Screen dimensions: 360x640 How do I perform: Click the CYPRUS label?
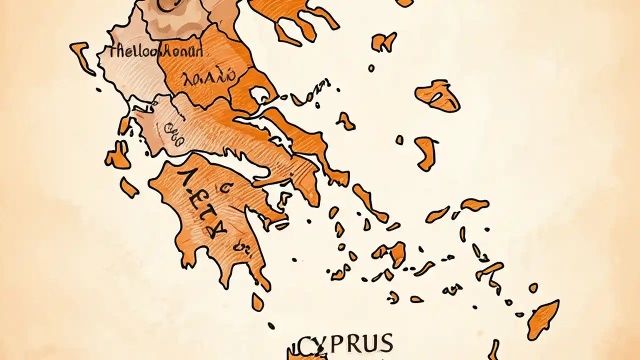(345, 344)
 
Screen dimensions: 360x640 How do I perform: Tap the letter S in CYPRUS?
(384, 344)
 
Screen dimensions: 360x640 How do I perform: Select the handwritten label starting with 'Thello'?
(155, 51)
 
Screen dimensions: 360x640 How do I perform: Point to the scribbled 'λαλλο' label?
(209, 77)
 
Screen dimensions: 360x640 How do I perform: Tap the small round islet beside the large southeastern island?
(533, 288)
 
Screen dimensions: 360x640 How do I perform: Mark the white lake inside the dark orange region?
(260, 95)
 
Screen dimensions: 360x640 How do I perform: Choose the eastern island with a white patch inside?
(437, 95)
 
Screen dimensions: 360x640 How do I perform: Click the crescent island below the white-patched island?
(425, 152)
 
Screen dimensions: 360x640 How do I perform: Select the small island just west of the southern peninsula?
(128, 187)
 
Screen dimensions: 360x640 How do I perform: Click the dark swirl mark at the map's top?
(167, 5)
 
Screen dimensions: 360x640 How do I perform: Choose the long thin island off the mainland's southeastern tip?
(370, 203)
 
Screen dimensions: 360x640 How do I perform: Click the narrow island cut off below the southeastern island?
(493, 349)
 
